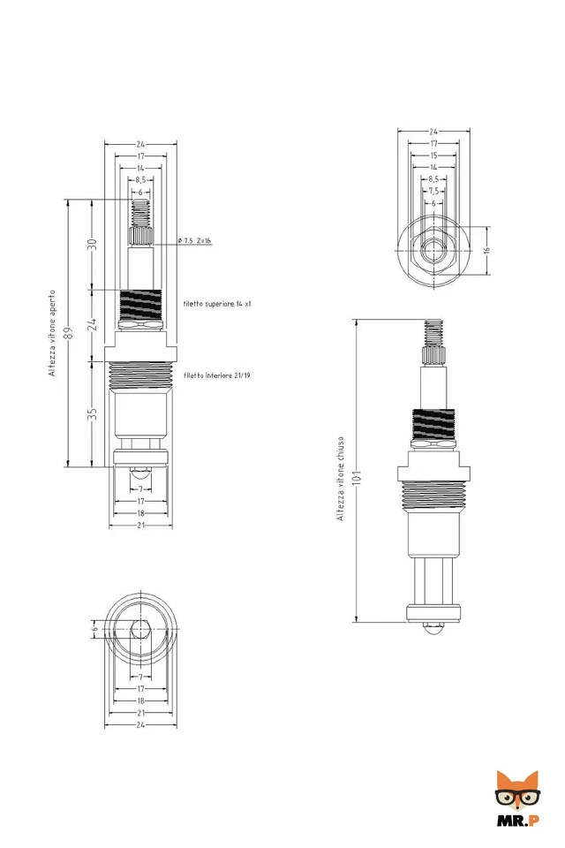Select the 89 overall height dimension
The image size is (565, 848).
pyautogui.click(x=69, y=332)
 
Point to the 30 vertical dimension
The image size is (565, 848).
pyautogui.click(x=92, y=244)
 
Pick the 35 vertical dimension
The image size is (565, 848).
pyautogui.click(x=92, y=413)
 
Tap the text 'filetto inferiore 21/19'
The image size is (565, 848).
pyautogui.click(x=217, y=375)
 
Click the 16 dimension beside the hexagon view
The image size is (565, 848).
pyautogui.click(x=486, y=250)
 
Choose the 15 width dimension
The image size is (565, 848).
pyautogui.click(x=433, y=155)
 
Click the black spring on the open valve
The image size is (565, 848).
pyautogui.click(x=140, y=306)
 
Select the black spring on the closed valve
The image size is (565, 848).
pyautogui.click(x=433, y=424)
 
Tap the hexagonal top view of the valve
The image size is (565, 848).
pyautogui.click(x=433, y=250)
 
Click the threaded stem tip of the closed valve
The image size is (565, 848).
pyautogui.click(x=433, y=334)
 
